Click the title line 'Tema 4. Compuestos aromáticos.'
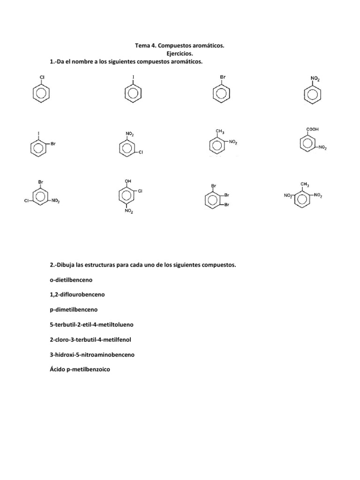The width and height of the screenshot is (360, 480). tap(180, 46)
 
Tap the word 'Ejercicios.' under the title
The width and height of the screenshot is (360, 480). tap(180, 53)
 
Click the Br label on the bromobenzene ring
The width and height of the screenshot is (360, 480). tap(223, 76)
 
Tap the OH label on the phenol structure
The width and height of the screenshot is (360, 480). tap(128, 180)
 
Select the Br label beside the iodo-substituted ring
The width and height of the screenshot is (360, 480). tap(53, 144)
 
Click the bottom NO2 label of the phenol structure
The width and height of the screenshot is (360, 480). tap(129, 212)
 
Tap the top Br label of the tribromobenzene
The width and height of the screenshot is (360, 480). tap(214, 186)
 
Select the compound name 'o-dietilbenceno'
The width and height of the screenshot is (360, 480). tap(71, 280)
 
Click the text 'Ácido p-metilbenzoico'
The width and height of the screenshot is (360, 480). tap(79, 369)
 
